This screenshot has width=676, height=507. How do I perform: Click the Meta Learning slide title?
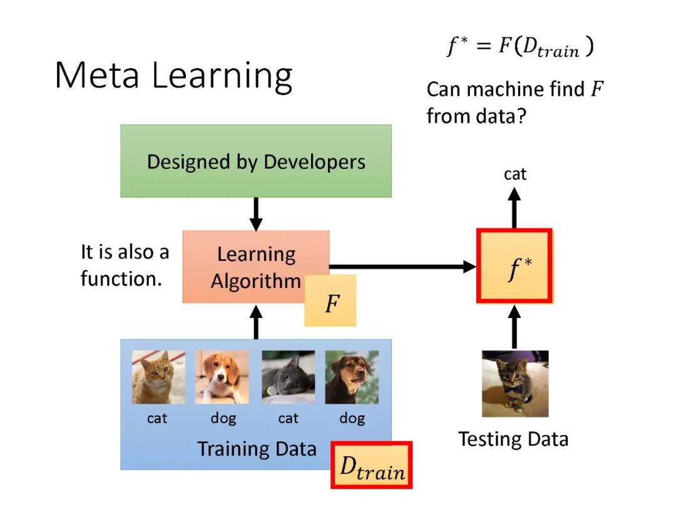click(173, 76)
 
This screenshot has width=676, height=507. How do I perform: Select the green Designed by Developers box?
click(256, 161)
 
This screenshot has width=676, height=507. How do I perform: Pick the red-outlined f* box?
click(514, 267)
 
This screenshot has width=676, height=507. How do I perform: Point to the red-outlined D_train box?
click(371, 466)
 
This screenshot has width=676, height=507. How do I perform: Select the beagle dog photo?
click(222, 377)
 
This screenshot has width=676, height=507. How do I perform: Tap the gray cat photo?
click(289, 377)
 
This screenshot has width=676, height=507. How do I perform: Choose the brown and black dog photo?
click(352, 377)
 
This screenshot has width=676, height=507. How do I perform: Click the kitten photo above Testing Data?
click(515, 383)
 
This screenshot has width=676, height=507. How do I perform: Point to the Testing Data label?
click(513, 439)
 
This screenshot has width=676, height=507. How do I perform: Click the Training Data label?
click(257, 449)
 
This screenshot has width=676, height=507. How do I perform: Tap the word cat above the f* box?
click(515, 174)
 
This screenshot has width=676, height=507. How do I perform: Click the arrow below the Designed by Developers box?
click(255, 214)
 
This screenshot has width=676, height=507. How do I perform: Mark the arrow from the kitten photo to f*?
click(515, 327)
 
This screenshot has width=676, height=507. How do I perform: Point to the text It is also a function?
click(125, 265)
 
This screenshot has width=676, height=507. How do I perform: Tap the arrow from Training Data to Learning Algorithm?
click(255, 322)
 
